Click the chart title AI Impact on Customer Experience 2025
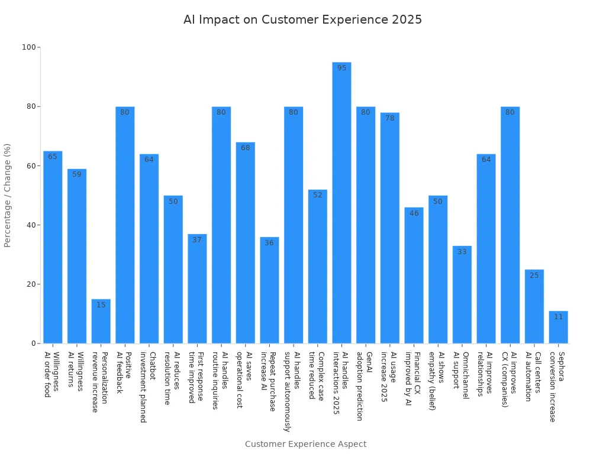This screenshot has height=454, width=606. (x=302, y=20)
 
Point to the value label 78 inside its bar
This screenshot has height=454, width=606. (x=389, y=118)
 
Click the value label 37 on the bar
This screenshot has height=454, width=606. (x=197, y=240)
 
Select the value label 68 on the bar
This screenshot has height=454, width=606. (x=245, y=148)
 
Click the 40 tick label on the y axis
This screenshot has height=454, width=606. (x=30, y=225)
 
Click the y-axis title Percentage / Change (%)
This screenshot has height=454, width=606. (x=8, y=195)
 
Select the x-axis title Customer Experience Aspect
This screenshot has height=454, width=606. (x=305, y=444)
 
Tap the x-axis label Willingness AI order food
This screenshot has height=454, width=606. (x=51, y=374)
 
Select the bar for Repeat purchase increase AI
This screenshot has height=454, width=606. (x=269, y=290)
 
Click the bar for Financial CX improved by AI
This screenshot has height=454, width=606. (x=414, y=275)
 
